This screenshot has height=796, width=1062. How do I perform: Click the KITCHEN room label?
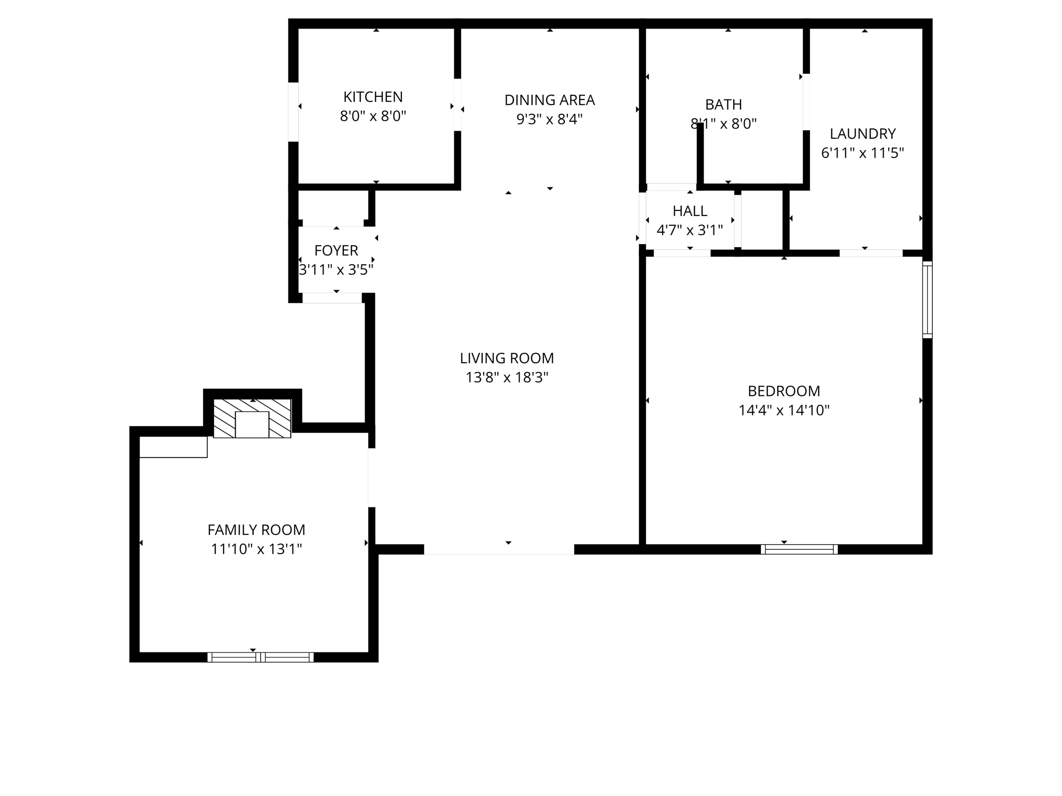373,97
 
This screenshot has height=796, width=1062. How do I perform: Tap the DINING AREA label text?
549,100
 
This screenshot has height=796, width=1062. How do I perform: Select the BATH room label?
723,105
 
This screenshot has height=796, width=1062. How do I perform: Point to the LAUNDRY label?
862,134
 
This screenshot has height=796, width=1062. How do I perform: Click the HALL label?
690,211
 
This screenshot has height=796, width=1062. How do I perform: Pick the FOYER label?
336,250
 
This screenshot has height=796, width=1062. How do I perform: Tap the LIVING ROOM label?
507,358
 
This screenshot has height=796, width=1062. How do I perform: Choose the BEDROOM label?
784,391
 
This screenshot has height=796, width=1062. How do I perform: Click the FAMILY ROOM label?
256,530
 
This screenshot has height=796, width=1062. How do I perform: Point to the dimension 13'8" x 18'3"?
507,377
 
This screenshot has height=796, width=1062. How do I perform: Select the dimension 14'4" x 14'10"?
784,410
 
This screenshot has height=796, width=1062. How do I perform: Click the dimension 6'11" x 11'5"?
862,153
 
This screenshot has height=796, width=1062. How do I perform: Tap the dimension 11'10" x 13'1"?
256,549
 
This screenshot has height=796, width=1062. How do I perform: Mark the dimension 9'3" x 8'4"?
549,119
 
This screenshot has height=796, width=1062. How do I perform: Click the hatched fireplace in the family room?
253,418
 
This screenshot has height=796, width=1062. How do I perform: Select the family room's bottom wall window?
260,657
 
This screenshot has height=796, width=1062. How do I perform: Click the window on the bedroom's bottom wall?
799,549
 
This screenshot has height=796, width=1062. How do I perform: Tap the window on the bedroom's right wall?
927,300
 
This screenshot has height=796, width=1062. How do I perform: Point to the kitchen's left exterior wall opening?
294,112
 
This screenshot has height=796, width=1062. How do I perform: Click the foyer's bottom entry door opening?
332,298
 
